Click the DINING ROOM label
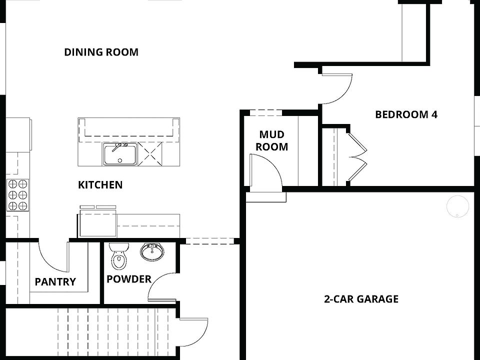point(101,52)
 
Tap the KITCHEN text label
point(100,185)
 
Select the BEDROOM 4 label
point(406,114)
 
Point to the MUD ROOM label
point(272,140)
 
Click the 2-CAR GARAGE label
point(361,299)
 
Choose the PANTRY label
point(55,282)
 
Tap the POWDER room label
point(128,279)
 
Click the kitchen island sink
point(119,154)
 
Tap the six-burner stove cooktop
point(17,194)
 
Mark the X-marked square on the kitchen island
point(151,153)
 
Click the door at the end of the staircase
point(192,331)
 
